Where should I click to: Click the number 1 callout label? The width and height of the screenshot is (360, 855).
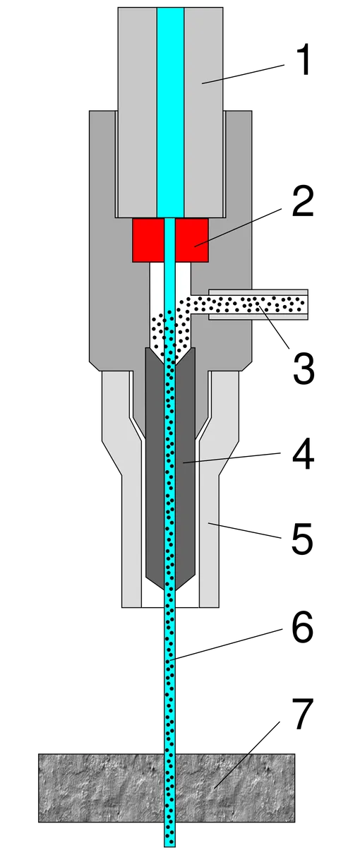304,59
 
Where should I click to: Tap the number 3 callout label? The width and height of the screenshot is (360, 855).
304,367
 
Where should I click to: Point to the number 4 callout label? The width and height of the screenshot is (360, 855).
303,454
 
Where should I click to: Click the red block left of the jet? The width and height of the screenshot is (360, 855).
148,240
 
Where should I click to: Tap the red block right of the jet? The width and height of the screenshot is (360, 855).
191,240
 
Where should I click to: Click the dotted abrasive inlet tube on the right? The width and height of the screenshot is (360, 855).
258,304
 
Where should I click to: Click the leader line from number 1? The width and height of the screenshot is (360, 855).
244,74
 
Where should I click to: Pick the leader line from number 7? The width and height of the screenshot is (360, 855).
247,755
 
